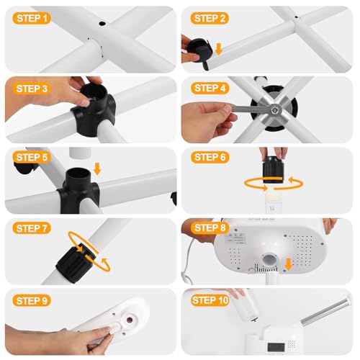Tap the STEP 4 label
pyautogui.click(x=210, y=88)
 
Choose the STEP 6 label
pyautogui.click(x=210, y=158)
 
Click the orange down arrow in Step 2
pyautogui.click(x=219, y=48)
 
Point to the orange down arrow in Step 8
pyautogui.click(x=288, y=264)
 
